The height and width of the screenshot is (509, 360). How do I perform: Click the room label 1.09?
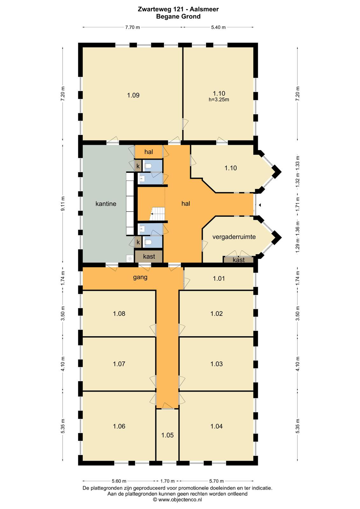[x=133, y=95]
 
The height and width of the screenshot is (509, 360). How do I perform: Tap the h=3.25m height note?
[x=219, y=100]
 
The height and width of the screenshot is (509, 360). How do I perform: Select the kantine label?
[x=106, y=204]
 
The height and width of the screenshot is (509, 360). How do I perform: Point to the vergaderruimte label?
[x=234, y=237]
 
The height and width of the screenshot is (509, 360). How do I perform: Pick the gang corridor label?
[x=140, y=277]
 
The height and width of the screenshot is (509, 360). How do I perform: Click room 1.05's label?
[x=167, y=435]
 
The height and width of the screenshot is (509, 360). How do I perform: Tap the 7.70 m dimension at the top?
[x=133, y=27]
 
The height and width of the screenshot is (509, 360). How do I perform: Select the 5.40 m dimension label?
[x=218, y=27]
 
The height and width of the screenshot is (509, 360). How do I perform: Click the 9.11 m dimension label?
[x=63, y=204]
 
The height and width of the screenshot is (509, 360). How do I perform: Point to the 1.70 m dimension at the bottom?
[x=167, y=481]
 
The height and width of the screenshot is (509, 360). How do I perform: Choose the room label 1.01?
[x=219, y=278]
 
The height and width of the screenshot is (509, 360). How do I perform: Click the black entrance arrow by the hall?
[x=260, y=205]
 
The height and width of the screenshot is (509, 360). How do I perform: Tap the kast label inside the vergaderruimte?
[x=238, y=260]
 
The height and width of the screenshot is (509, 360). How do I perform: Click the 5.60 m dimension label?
[x=119, y=481]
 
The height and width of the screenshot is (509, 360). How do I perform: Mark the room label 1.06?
[x=119, y=426]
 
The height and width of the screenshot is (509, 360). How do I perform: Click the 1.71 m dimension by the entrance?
[x=298, y=204]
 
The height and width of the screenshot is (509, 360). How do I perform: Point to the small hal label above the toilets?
[x=149, y=152]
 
